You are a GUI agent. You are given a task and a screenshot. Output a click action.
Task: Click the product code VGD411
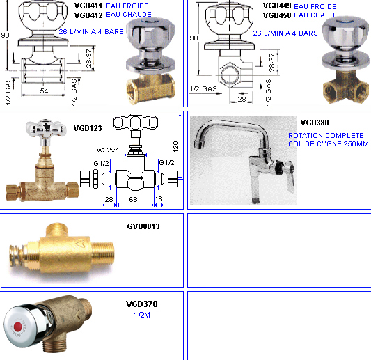[88, 6]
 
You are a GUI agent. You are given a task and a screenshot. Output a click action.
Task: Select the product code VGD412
[88, 15]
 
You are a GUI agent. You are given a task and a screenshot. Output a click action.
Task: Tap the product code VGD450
[277, 15]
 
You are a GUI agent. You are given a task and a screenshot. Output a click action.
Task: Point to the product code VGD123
[88, 128]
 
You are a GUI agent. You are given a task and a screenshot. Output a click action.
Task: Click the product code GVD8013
[143, 226]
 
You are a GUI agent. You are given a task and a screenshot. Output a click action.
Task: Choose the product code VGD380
[315, 123]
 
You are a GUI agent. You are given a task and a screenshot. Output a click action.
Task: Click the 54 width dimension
[44, 91]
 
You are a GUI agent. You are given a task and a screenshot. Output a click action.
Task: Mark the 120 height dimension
[176, 147]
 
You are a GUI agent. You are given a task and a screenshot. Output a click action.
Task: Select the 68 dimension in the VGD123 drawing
[133, 200]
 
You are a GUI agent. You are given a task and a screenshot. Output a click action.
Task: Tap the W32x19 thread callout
[110, 150]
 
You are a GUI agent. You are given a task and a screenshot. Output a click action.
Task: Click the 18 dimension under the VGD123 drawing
[159, 199]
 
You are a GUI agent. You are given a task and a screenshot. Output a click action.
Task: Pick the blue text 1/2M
[142, 315]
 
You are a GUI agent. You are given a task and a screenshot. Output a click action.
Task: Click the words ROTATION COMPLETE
[326, 135]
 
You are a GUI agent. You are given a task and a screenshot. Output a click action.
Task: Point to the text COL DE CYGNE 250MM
[329, 143]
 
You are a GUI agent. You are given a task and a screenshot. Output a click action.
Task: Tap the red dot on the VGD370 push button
[18, 327]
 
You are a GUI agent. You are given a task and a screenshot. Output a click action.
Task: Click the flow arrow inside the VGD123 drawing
[135, 178]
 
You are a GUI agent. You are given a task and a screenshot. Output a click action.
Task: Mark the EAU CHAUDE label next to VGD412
[129, 15]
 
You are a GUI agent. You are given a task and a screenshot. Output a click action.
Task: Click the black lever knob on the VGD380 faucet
[279, 167]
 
